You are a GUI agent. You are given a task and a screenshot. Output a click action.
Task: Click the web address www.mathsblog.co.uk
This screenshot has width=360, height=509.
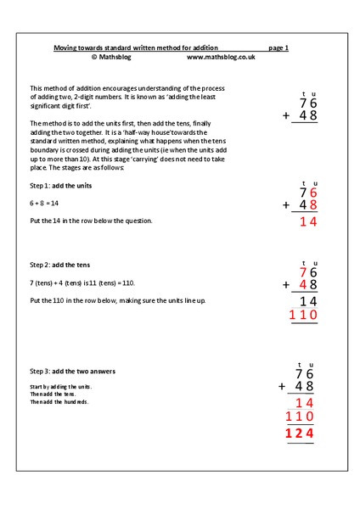point(220,57)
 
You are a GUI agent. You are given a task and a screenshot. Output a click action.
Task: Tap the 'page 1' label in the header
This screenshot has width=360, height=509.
point(278,48)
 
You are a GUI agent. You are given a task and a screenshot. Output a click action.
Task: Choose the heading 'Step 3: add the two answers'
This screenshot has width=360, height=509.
point(74,371)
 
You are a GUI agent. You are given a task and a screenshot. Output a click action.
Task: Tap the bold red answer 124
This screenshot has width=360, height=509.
point(300,434)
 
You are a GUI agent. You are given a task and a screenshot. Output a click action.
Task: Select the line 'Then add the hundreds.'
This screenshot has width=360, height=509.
point(59,401)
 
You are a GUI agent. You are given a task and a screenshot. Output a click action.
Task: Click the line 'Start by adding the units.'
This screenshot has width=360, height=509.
point(62,386)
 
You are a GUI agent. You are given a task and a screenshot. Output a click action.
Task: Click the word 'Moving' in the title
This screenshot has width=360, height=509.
point(67,48)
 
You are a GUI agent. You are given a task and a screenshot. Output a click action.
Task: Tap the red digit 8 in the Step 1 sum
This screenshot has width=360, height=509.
point(312,204)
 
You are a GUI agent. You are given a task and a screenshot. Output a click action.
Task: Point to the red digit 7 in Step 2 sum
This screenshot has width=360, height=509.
point(302,271)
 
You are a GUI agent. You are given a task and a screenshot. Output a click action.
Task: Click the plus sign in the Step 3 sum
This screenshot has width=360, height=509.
point(284,387)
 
